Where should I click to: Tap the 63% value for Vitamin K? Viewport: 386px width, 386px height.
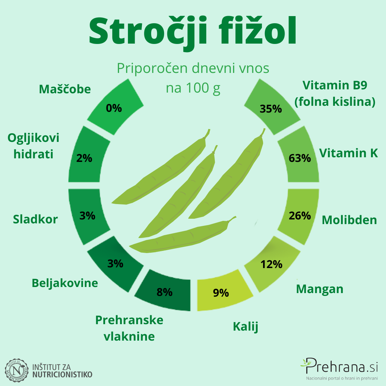pos(300,158)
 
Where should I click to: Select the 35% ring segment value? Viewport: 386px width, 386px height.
pos(271,109)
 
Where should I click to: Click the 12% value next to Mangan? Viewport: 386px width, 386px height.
pos(271,264)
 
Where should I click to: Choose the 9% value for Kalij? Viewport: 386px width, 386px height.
pos(221,293)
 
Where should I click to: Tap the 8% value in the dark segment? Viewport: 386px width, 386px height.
pos(164,292)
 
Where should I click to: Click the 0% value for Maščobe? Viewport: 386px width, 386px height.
pos(114,108)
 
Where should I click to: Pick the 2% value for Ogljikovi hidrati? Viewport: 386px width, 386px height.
pos(84,158)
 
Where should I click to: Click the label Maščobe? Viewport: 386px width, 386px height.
pos(65,89)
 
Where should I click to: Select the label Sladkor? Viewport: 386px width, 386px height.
pos(35,219)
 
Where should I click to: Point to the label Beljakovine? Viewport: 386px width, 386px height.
pos(65,283)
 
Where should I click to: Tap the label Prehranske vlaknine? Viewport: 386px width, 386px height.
pos(129,328)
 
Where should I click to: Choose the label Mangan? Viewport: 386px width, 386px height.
pos(320,289)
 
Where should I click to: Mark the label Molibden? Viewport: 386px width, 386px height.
pos(349,220)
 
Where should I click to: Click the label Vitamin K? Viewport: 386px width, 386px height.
pos(348,153)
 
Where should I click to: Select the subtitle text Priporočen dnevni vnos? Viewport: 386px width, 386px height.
pos(193,68)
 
